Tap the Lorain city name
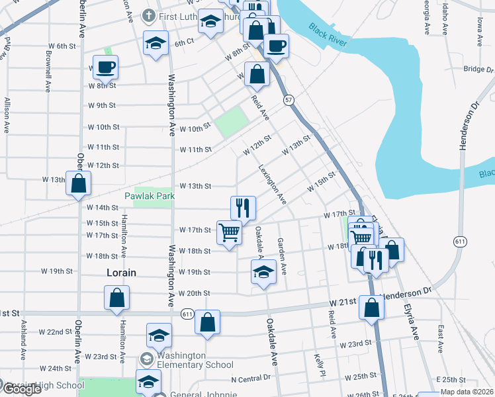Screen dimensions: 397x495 pos(121,272)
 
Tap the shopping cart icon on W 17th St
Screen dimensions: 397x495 pos(229,232)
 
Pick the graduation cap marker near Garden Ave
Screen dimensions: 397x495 pos(263,271)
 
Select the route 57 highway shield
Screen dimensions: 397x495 pos(289,99)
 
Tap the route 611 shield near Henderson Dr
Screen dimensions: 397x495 pos(459,242)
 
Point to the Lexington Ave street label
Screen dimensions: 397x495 pos(272,183)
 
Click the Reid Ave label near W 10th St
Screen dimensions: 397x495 pos(260,107)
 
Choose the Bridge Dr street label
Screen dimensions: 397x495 pos(474,68)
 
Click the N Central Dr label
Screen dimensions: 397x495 pos(251,378)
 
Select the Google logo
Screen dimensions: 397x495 pos(22,389)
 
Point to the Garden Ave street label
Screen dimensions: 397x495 pos(282,256)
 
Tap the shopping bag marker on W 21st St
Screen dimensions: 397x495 pos(372,307)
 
